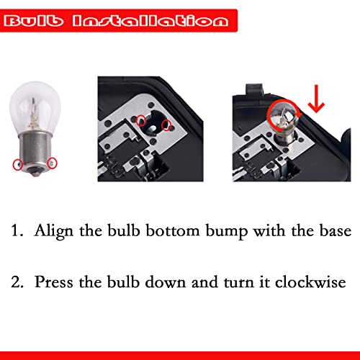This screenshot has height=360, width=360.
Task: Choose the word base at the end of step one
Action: (x=335, y=232)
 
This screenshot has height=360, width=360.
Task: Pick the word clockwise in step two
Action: (x=318, y=280)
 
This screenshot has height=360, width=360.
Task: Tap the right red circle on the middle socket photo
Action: (x=167, y=126)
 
